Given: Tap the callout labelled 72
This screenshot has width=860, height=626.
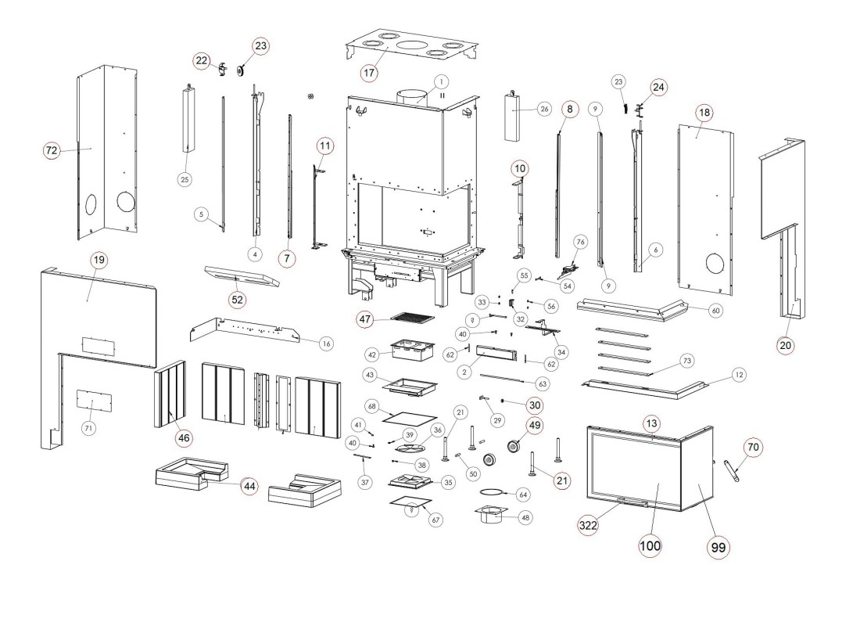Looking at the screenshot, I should (x=52, y=151).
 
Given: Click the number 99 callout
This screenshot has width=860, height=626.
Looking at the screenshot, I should (x=717, y=548).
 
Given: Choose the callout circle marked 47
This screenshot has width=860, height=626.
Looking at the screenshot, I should (x=365, y=318).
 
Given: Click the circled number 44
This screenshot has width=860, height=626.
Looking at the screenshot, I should (x=249, y=486).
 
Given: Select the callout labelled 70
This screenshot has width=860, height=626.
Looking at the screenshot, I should (x=752, y=447).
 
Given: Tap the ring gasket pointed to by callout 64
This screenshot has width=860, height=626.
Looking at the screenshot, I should (x=491, y=493).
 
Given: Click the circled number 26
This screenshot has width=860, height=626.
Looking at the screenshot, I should (x=544, y=109).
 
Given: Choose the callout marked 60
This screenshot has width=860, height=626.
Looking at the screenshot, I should (x=715, y=311).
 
